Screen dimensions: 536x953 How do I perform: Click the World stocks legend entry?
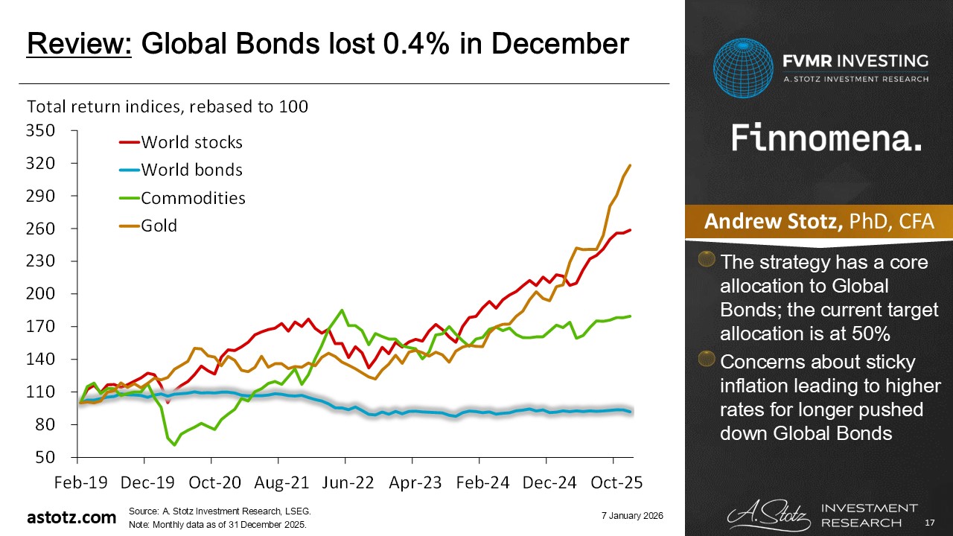click(x=191, y=141)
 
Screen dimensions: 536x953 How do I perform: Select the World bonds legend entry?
click(x=191, y=170)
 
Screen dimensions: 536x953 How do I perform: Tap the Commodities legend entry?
click(x=193, y=197)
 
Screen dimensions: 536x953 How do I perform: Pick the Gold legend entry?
click(x=159, y=225)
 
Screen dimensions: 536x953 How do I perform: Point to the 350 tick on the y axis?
click(x=41, y=131)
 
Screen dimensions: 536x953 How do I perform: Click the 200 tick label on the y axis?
click(x=41, y=294)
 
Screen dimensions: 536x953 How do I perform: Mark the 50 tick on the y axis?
click(x=46, y=457)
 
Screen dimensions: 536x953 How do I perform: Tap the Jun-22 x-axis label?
click(x=346, y=482)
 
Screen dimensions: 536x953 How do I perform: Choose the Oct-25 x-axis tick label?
click(x=612, y=482)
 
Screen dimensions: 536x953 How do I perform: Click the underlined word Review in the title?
click(x=79, y=45)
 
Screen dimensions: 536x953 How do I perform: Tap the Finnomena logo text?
click(x=826, y=138)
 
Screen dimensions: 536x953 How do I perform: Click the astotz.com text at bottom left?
click(x=71, y=517)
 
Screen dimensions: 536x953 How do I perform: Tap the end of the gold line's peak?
click(x=631, y=165)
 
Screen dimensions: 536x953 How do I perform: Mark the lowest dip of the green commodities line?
click(x=175, y=444)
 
